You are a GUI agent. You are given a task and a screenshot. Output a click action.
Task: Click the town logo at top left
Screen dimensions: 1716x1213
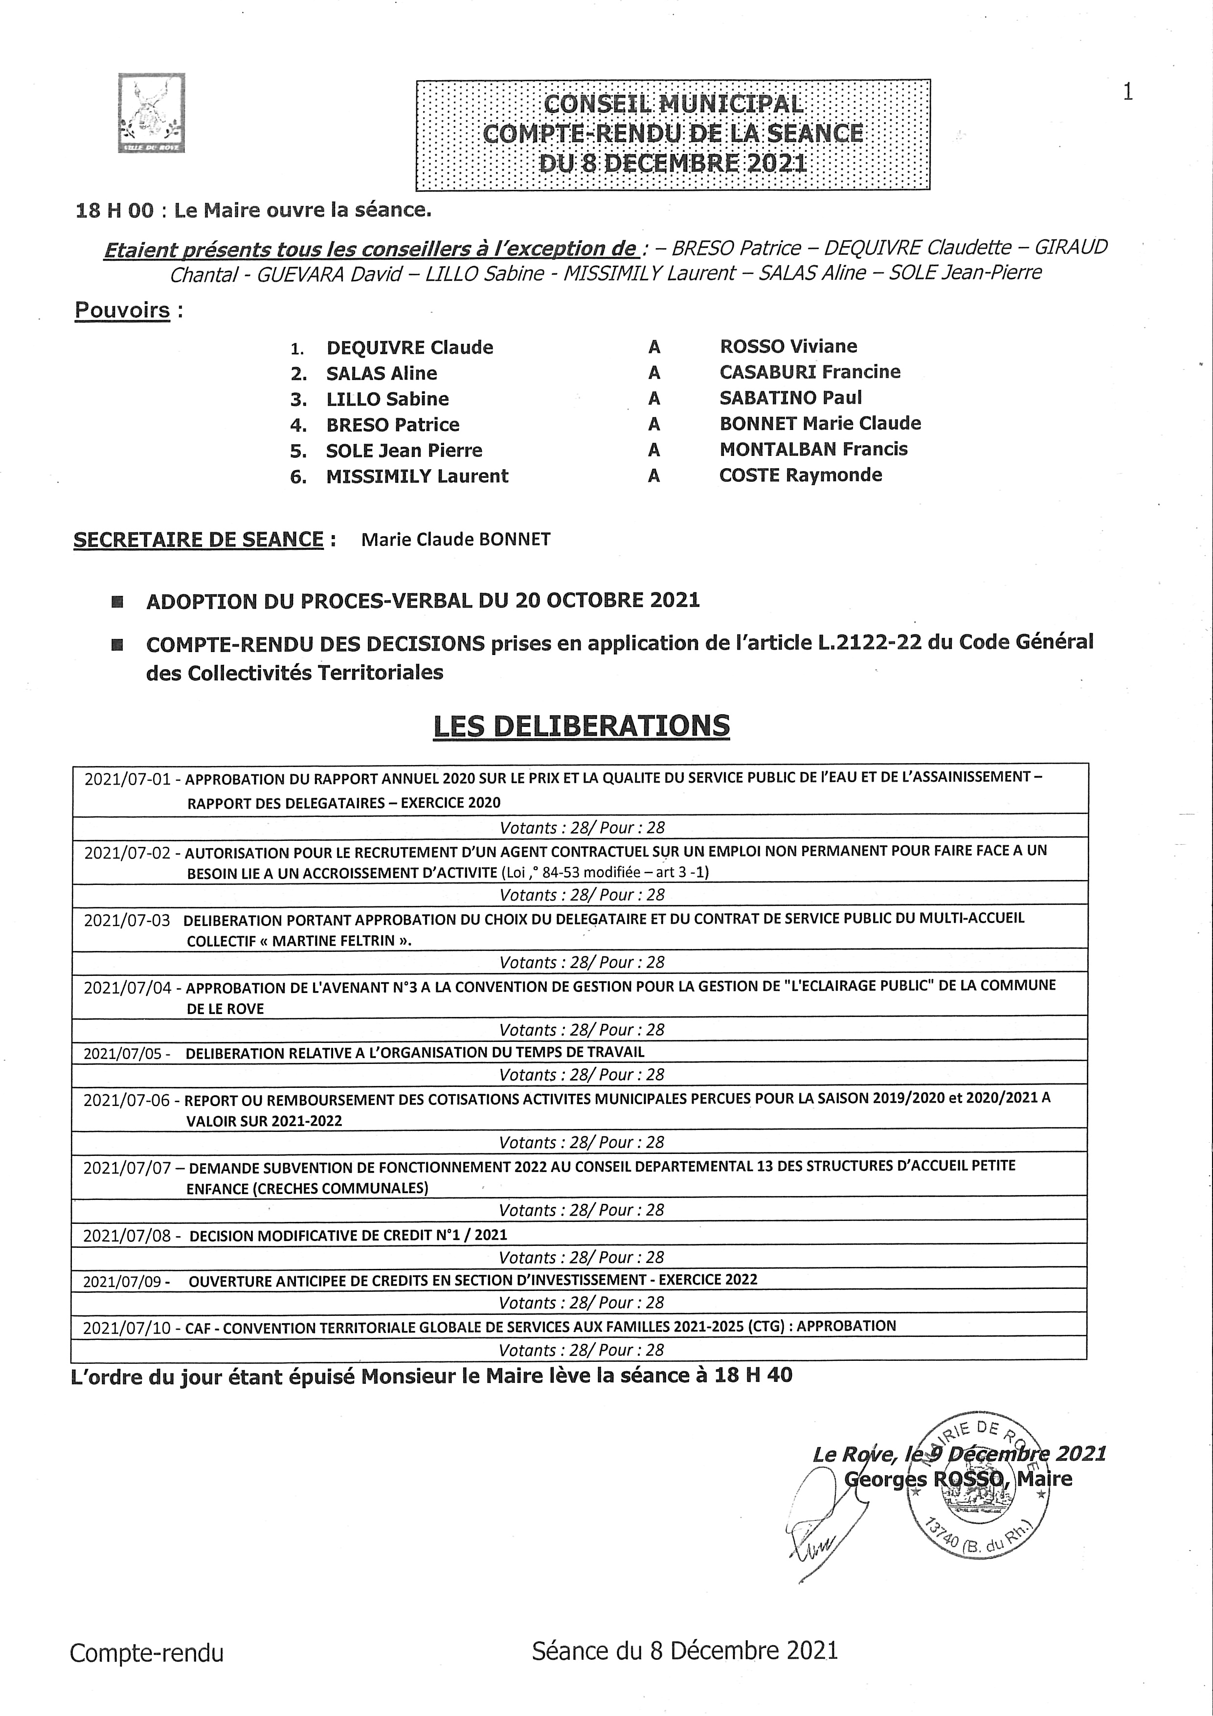pos(151,113)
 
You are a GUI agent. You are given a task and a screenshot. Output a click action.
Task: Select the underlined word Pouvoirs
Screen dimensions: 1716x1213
pos(122,310)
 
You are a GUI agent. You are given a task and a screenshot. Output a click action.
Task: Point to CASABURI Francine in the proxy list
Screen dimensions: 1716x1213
pos(809,372)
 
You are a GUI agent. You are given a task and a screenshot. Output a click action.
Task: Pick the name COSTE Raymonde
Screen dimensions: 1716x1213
pos(801,475)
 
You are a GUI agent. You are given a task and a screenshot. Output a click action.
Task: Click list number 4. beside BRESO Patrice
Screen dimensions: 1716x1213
pos(298,426)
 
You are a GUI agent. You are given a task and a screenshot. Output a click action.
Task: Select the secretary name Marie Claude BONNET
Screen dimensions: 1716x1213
pos(455,540)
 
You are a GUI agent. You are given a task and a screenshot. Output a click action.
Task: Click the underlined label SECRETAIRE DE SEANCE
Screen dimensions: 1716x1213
pos(198,540)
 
